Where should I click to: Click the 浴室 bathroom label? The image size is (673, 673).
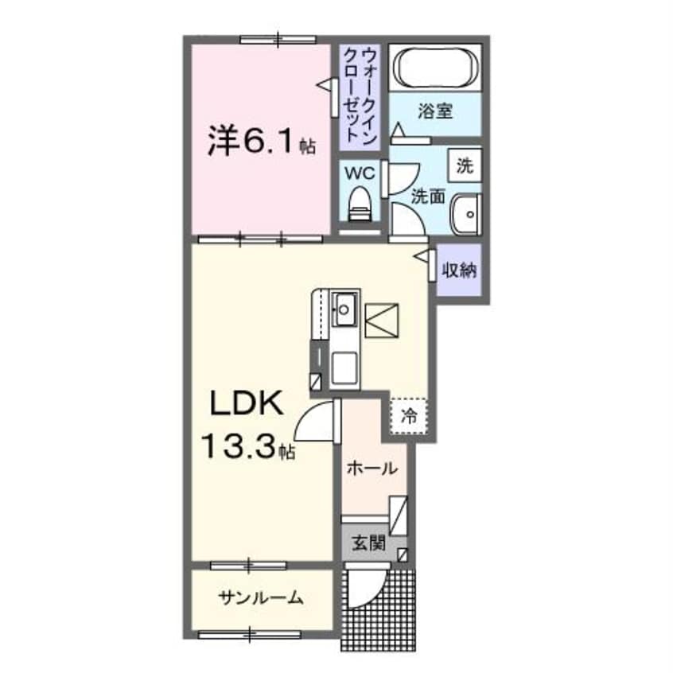coord(435,111)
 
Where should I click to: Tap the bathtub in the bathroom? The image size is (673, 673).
coord(435,68)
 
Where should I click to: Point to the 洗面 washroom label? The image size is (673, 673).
coord(427,196)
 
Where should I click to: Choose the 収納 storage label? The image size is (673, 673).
coord(460,270)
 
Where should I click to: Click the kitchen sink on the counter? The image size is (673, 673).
coord(345,305)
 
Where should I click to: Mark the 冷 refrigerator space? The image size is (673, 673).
coord(409,414)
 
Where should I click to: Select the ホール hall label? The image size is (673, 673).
coord(371,469)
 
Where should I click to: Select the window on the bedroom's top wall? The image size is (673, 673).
coord(278,37)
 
